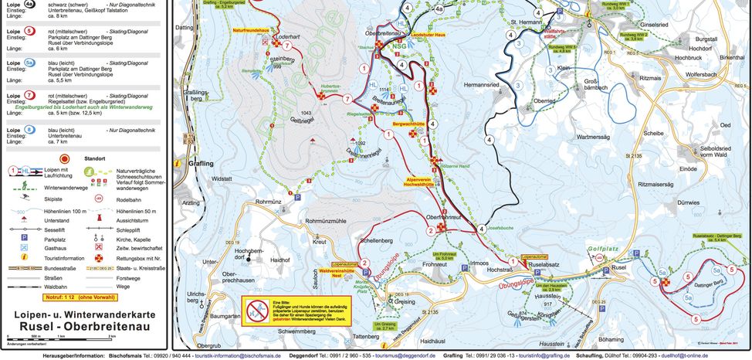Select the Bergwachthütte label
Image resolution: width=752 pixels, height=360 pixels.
pos(411,123)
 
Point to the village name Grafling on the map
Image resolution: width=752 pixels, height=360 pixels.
pos(198,164)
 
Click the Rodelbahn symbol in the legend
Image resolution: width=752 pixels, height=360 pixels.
pos(99,199)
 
